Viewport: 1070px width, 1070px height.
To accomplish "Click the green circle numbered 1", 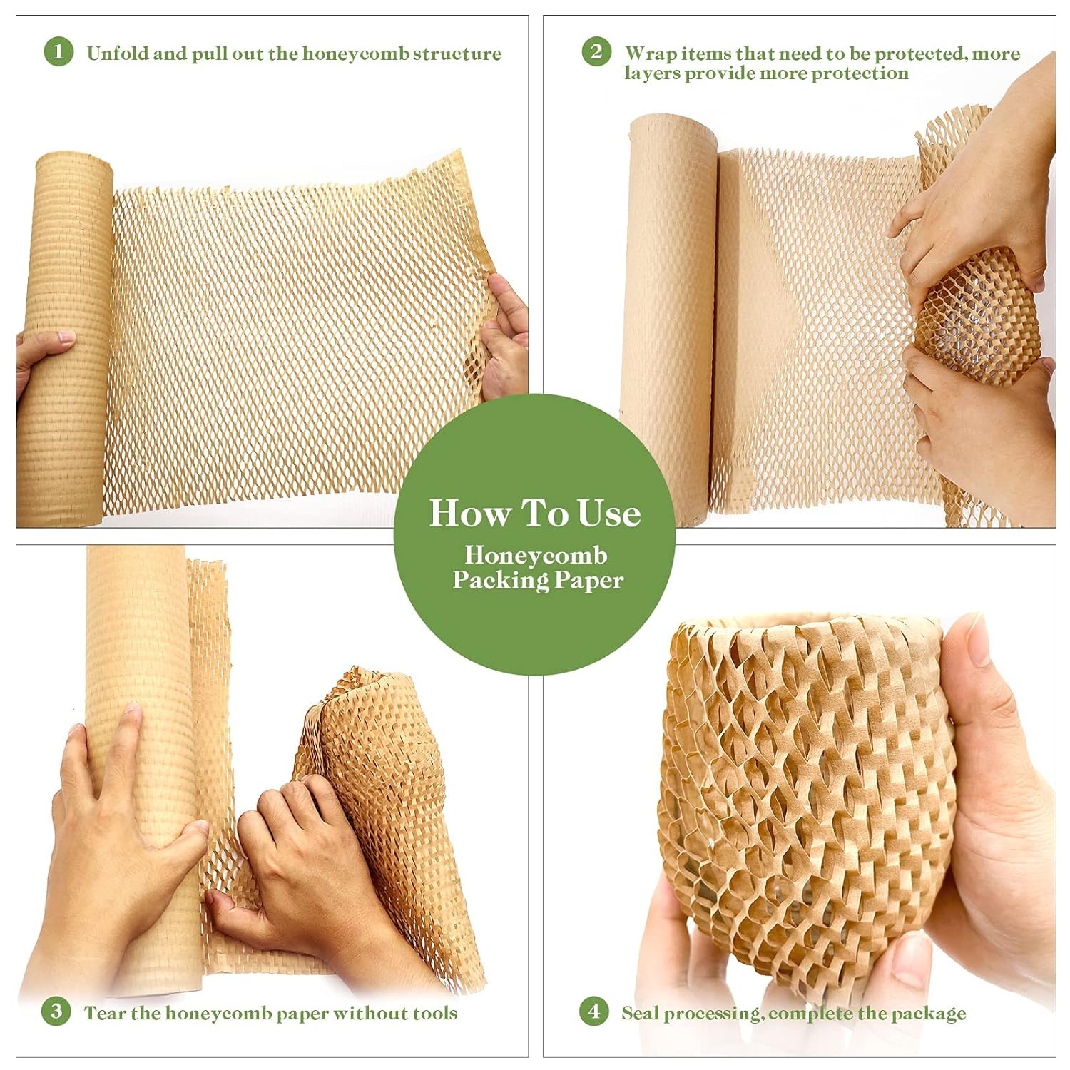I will [58, 52].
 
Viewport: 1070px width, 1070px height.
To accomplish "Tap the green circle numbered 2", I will [596, 52].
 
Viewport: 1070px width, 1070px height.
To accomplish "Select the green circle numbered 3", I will [56, 1012].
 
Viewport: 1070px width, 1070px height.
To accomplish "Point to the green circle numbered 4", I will [593, 1012].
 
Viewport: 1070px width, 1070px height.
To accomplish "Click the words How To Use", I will [534, 513].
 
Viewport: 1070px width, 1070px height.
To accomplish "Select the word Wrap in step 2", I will [651, 53].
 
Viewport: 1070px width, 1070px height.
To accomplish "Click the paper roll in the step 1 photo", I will [71, 335].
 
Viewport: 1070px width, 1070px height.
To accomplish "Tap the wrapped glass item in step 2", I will [977, 314].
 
